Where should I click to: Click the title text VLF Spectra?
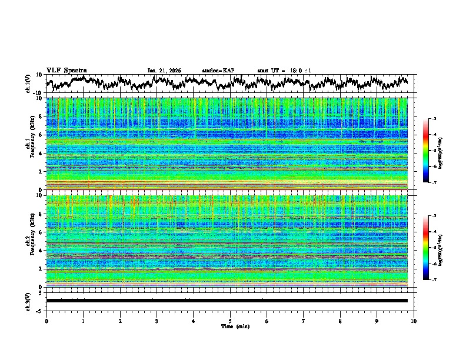(x=66, y=70)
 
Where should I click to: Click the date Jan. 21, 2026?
(x=164, y=71)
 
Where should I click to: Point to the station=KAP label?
(x=218, y=71)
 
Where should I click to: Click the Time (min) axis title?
(x=230, y=326)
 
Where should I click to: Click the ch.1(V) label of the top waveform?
(x=29, y=84)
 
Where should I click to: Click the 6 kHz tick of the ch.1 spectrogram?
(x=41, y=135)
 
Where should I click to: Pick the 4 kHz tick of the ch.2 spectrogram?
(x=41, y=251)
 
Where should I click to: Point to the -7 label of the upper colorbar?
(x=434, y=184)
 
